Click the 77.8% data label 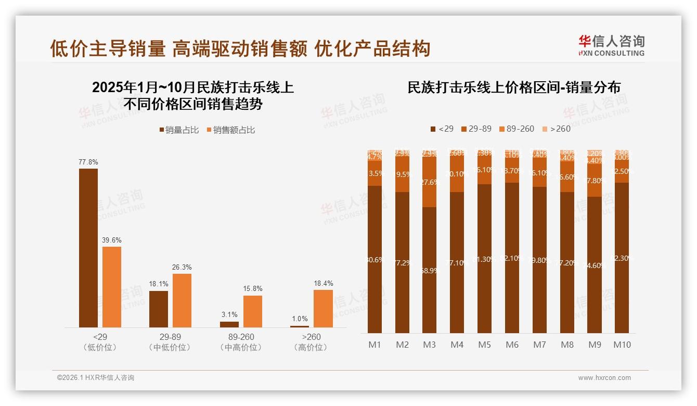[x=88, y=162]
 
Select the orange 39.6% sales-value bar [x=112, y=287]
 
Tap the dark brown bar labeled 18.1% [x=159, y=309]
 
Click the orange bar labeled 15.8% [x=253, y=311]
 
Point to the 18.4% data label [x=323, y=284]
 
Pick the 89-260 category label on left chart [x=241, y=337]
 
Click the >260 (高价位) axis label [x=311, y=342]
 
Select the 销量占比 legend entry [x=179, y=130]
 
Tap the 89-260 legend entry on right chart [x=516, y=129]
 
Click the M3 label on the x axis [x=429, y=345]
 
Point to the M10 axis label [x=622, y=345]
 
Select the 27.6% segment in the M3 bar [x=429, y=182]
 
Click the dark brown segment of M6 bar [x=512, y=258]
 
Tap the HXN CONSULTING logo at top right [x=611, y=45]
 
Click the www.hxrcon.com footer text [x=604, y=378]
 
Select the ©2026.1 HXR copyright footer [x=96, y=378]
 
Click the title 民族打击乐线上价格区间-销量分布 [x=514, y=87]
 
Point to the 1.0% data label [x=300, y=319]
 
